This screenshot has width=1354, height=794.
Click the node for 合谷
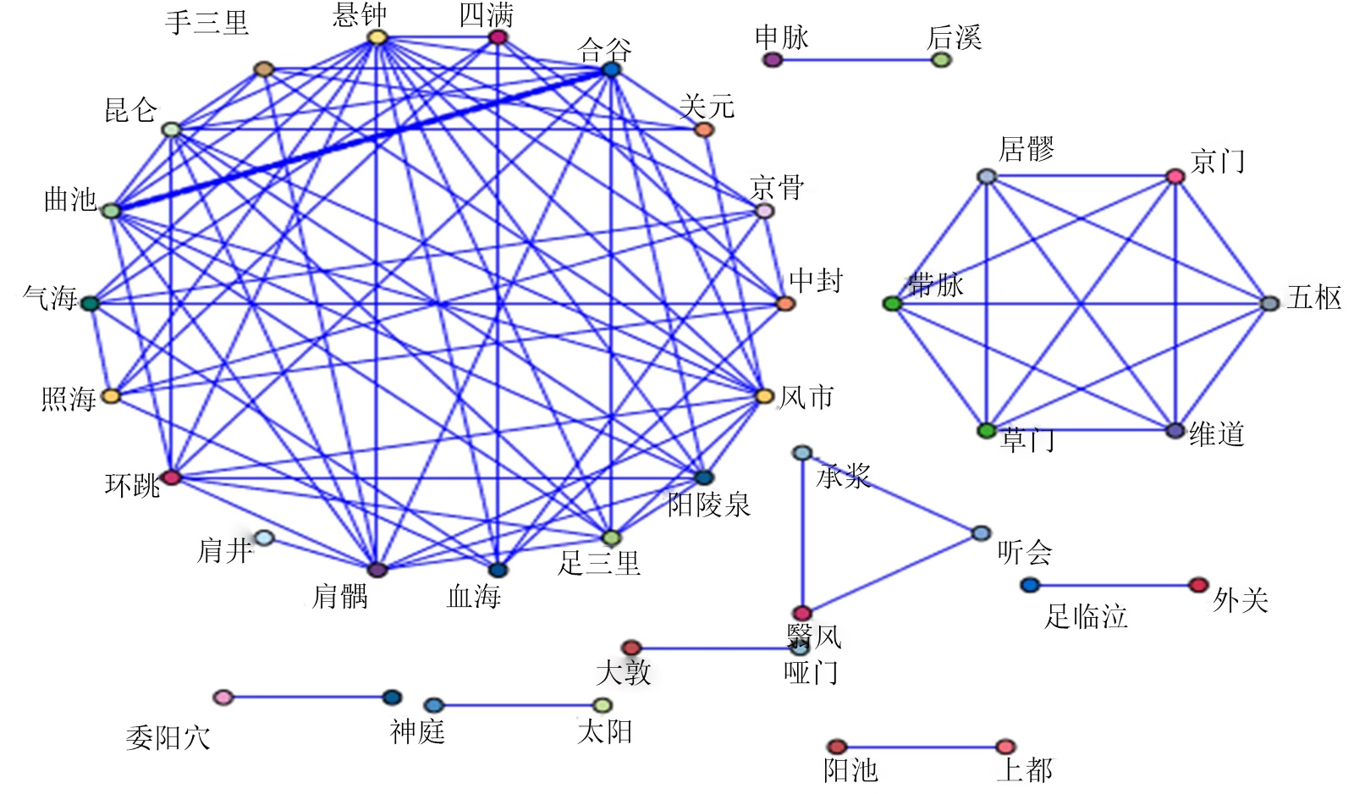pyautogui.click(x=611, y=69)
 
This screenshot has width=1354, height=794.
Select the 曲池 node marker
pyautogui.click(x=111, y=210)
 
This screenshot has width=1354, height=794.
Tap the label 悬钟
pyautogui.click(x=360, y=14)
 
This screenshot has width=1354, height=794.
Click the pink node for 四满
pyautogui.click(x=498, y=37)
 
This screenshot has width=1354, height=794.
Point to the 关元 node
pyautogui.click(x=703, y=130)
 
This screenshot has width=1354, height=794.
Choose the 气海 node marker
pyautogui.click(x=90, y=303)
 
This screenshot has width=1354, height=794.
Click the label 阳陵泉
pyautogui.click(x=708, y=505)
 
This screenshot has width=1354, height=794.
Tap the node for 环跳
pyautogui.click(x=172, y=477)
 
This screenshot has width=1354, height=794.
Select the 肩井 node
pyautogui.click(x=264, y=538)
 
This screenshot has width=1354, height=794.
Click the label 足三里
pyautogui.click(x=598, y=563)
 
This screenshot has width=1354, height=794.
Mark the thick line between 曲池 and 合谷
pyautogui.click(x=361, y=140)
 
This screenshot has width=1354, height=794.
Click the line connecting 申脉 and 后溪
pyautogui.click(x=856, y=60)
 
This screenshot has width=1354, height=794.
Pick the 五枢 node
pyautogui.click(x=1269, y=303)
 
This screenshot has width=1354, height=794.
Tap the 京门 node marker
pyautogui.click(x=1175, y=176)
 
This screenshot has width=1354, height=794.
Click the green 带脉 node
pyautogui.click(x=892, y=303)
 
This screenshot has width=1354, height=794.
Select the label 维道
pyautogui.click(x=1217, y=434)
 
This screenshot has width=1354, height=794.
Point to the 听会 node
pyautogui.click(x=981, y=533)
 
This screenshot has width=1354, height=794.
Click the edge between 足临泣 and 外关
pyautogui.click(x=1114, y=585)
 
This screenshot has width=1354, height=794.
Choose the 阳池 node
pyautogui.click(x=836, y=747)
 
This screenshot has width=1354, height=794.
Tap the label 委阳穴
pyautogui.click(x=168, y=738)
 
